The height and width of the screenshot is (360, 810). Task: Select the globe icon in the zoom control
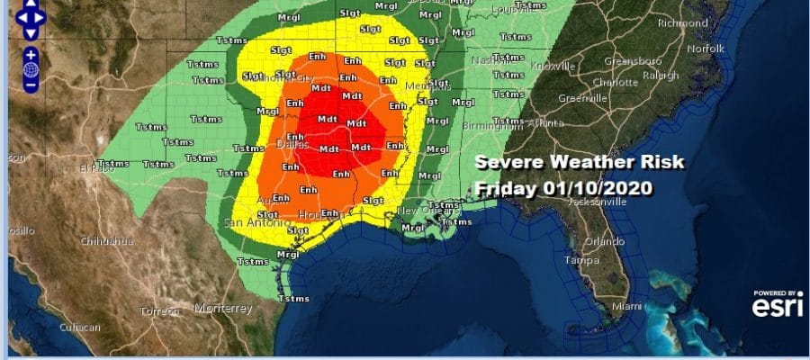tap(30, 68)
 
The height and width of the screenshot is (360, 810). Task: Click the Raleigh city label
tap(661, 76)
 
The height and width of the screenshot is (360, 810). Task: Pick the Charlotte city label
tap(616, 80)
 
